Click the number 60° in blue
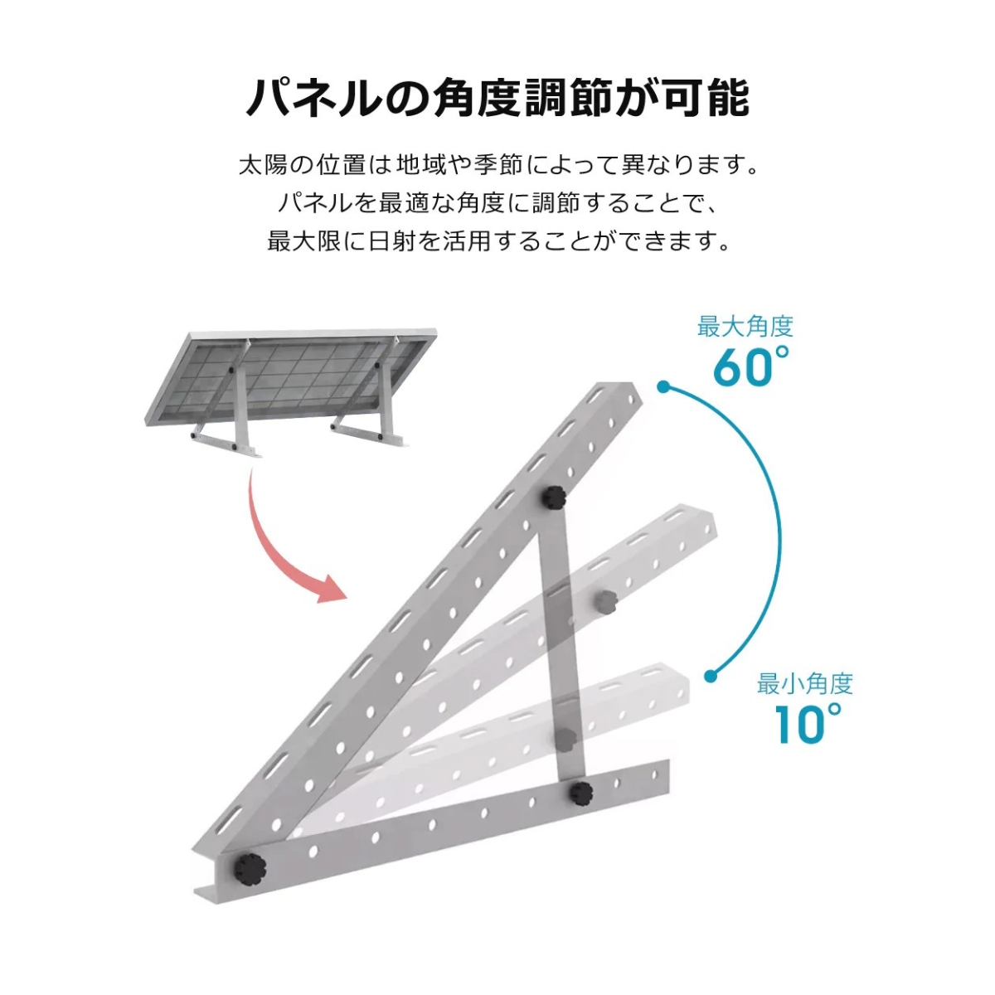[x=751, y=367]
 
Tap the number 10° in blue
[x=808, y=724]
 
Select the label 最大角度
[x=745, y=328]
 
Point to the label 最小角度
[x=805, y=683]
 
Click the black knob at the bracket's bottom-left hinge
[x=250, y=869]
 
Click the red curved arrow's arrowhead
[x=331, y=590]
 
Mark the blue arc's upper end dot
[x=664, y=386]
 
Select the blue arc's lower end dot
[x=711, y=676]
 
